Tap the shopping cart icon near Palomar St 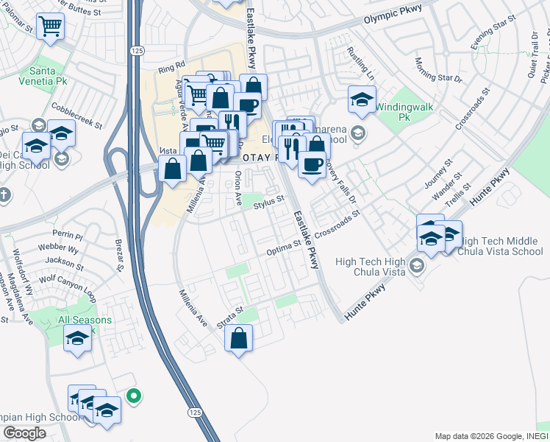click(x=51, y=27)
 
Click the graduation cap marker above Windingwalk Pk click(x=362, y=99)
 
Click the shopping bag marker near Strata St click(x=240, y=339)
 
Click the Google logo click(x=25, y=432)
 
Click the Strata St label click(x=229, y=318)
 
